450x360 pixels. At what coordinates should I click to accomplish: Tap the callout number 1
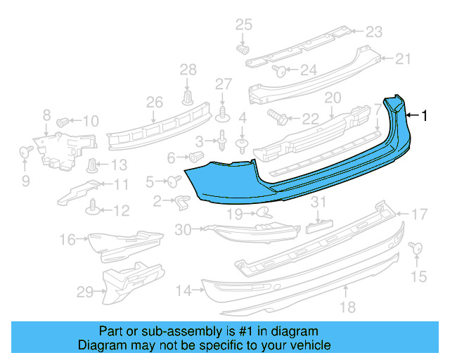pyautogui.click(x=424, y=115)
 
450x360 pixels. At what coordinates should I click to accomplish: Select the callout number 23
pyautogui.click(x=373, y=32)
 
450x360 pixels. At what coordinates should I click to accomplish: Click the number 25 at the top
pyautogui.click(x=243, y=25)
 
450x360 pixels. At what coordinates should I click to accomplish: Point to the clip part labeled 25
pyautogui.click(x=243, y=50)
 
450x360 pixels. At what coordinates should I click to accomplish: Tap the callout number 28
pyautogui.click(x=188, y=70)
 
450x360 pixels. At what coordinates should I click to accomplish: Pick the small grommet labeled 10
pyautogui.click(x=62, y=121)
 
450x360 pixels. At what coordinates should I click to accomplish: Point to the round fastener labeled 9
pyautogui.click(x=24, y=150)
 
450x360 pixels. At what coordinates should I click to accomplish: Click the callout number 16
pyautogui.click(x=67, y=240)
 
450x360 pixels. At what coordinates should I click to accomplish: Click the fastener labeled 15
pyautogui.click(x=415, y=247)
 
